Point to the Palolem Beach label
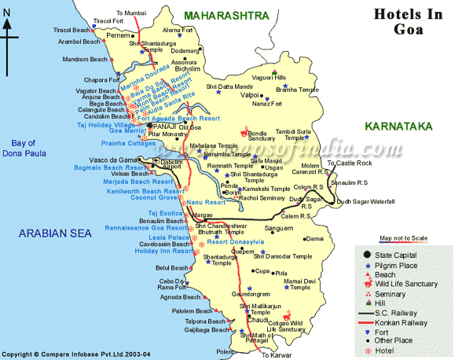pos(193,311)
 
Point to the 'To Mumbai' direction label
pos(131,13)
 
